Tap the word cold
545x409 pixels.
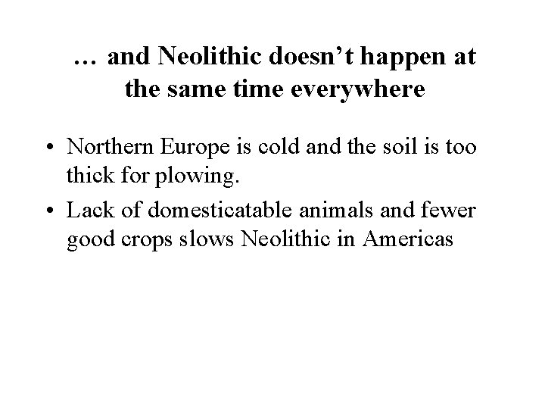(x=279, y=146)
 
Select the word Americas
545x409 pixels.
(x=410, y=239)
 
